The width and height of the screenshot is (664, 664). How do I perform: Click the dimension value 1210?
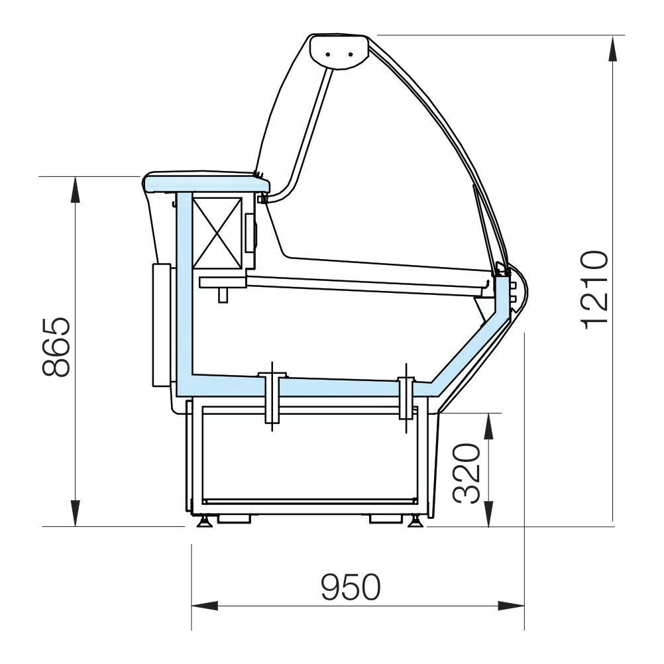click(x=595, y=290)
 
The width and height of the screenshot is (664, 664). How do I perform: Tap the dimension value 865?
click(x=56, y=347)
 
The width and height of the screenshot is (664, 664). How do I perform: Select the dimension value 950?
click(x=351, y=587)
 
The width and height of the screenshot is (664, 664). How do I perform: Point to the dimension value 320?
click(x=467, y=473)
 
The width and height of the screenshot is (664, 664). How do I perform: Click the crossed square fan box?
click(x=217, y=233)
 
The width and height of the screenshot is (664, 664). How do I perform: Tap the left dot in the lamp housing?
click(x=328, y=54)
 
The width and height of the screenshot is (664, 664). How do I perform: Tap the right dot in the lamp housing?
click(x=350, y=54)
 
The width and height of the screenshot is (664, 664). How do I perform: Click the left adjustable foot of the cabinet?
click(x=205, y=521)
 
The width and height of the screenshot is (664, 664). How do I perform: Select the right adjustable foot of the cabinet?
click(x=415, y=521)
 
